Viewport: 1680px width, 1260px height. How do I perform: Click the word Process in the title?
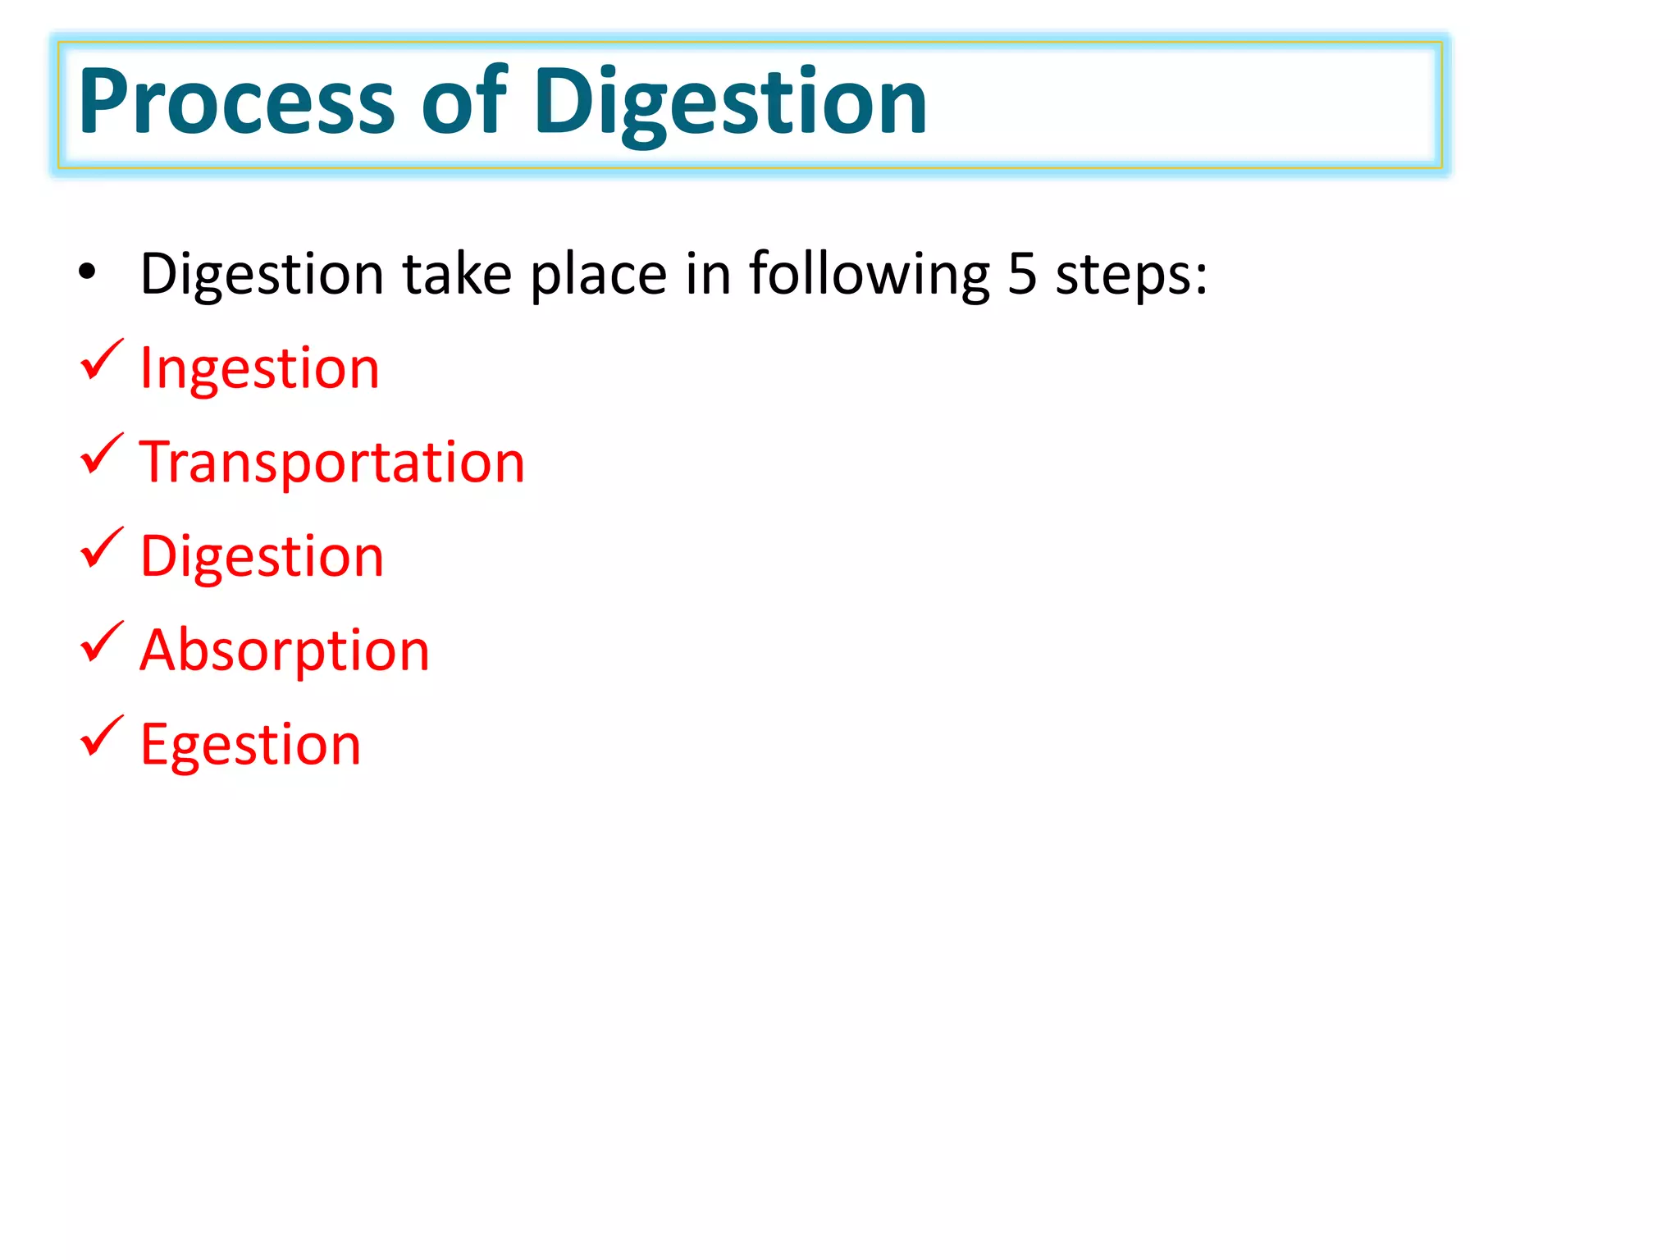[x=237, y=102]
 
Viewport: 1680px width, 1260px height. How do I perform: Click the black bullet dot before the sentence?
[x=87, y=272]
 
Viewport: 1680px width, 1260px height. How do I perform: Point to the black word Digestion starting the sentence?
[x=262, y=274]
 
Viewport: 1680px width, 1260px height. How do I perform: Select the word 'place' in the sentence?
[x=599, y=274]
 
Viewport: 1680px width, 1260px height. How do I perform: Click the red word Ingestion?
[x=260, y=368]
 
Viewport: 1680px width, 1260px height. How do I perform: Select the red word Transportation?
[x=332, y=462]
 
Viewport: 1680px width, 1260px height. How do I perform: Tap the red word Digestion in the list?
[x=262, y=556]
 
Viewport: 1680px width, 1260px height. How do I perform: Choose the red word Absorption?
[x=285, y=650]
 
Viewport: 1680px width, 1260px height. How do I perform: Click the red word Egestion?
[x=250, y=745]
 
